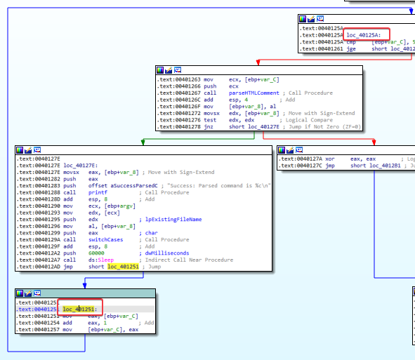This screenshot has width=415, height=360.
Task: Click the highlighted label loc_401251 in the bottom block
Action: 79,308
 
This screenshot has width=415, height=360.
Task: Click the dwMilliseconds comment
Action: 166,253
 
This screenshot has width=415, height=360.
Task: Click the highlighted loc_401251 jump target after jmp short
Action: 121,267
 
